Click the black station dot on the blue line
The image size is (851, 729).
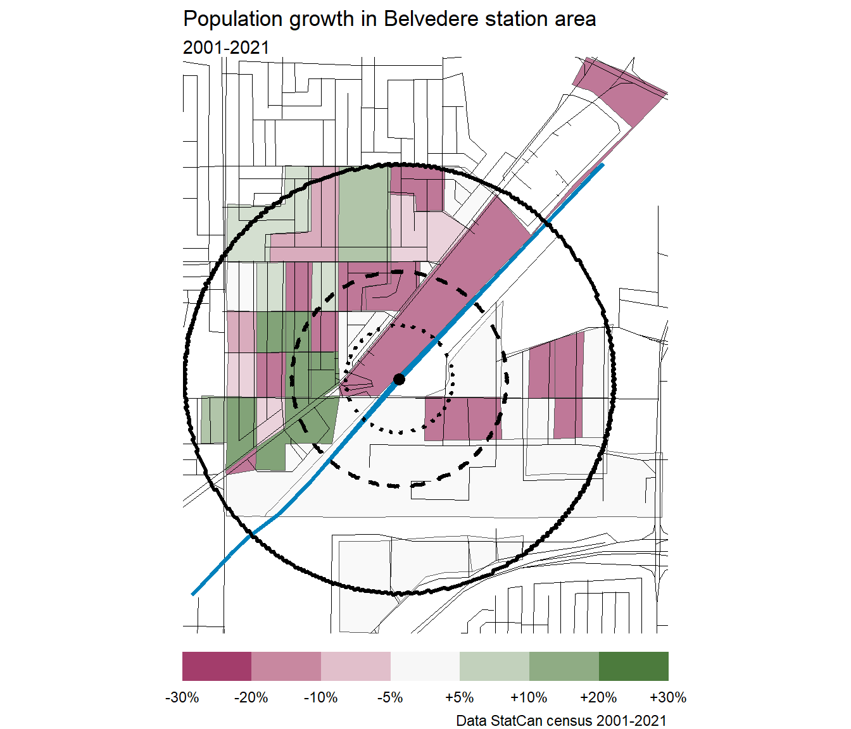tap(399, 379)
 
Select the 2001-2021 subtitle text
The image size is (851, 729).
tap(226, 48)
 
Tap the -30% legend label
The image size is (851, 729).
tap(182, 698)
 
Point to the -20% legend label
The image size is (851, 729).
tap(251, 698)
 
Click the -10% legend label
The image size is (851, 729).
tap(321, 698)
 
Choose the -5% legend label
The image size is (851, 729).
tap(390, 698)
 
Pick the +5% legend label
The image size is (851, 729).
tap(460, 698)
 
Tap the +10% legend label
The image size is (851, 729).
tap(529, 698)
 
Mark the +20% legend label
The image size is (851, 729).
tap(598, 698)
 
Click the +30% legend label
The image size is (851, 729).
tap(668, 698)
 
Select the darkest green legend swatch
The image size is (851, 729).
tap(634, 666)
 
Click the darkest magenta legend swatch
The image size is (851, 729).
tap(217, 666)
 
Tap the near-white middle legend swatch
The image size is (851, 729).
tap(425, 666)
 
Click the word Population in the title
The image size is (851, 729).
tap(233, 19)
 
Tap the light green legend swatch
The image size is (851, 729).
tap(495, 666)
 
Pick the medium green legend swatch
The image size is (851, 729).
tap(564, 666)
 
